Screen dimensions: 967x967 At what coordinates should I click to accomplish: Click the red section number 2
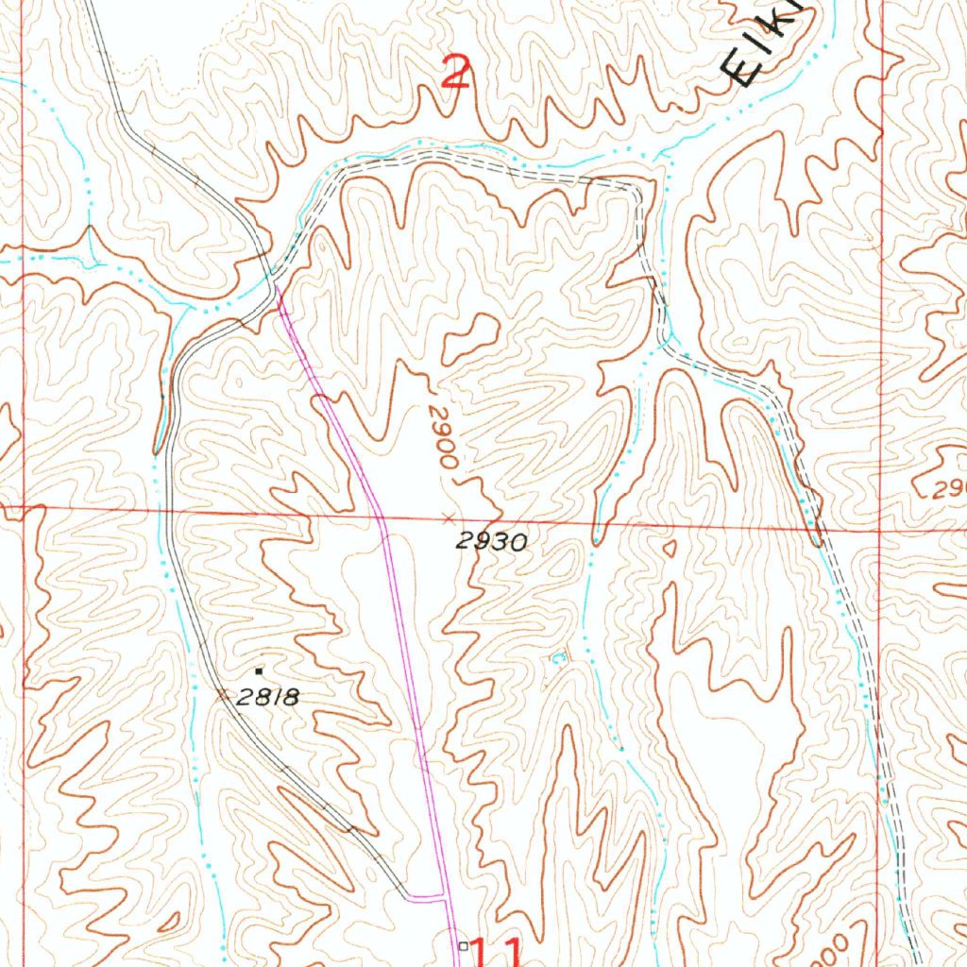pyautogui.click(x=456, y=72)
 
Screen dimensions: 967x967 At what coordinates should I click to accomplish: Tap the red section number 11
pyautogui.click(x=496, y=951)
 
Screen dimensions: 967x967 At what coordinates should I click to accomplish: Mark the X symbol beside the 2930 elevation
pyautogui.click(x=448, y=517)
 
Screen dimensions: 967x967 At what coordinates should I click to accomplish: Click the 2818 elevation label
pyautogui.click(x=267, y=698)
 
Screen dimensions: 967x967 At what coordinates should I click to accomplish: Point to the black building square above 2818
pyautogui.click(x=259, y=671)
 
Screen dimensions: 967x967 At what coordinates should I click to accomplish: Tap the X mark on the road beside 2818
pyautogui.click(x=223, y=695)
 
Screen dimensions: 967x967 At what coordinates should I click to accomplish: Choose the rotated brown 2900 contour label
pyautogui.click(x=441, y=437)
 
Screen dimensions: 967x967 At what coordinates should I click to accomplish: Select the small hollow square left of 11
pyautogui.click(x=462, y=944)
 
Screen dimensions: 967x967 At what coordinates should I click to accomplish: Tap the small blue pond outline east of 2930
pyautogui.click(x=557, y=657)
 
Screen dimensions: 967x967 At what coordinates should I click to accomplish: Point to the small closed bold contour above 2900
pyautogui.click(x=469, y=337)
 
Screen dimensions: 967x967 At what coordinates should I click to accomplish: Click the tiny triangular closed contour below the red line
pyautogui.click(x=670, y=547)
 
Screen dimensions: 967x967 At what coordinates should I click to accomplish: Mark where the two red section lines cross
pyautogui.click(x=880, y=531)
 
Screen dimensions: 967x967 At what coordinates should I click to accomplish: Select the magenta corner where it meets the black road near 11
pyautogui.click(x=444, y=896)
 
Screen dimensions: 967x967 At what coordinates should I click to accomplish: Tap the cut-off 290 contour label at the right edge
pyautogui.click(x=949, y=490)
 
